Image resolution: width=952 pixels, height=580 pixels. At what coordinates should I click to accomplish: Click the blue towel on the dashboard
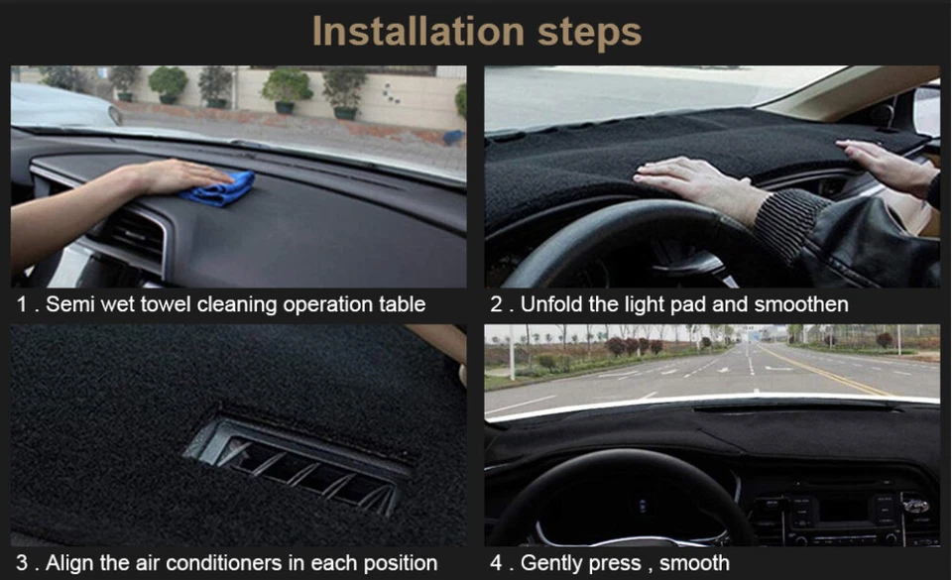[220, 189]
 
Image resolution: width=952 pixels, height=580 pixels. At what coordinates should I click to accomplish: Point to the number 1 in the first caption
[21, 304]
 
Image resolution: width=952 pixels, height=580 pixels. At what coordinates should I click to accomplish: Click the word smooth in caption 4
[694, 563]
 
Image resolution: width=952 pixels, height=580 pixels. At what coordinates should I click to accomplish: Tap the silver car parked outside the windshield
[59, 104]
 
